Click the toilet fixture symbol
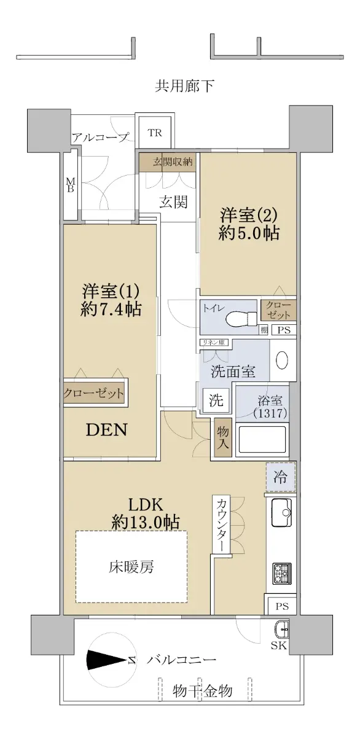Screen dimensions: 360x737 tap(241, 318)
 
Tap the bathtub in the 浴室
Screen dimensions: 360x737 tap(262, 440)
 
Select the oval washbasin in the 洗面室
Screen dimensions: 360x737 tap(282, 361)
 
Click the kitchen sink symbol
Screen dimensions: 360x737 tap(281, 513)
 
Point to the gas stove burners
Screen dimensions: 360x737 tap(282, 573)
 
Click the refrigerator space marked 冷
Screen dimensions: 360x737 tap(280, 477)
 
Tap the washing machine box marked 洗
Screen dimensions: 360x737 tap(216, 400)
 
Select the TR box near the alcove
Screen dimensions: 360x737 tap(155, 133)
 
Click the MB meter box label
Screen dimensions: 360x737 tap(71, 185)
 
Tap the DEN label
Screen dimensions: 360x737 tap(106, 430)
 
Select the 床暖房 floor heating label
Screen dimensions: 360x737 tap(131, 566)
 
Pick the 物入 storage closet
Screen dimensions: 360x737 tap(223, 437)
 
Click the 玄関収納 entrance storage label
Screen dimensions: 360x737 tap(173, 162)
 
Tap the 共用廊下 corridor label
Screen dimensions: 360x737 tap(184, 86)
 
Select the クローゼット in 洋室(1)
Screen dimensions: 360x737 tap(94, 393)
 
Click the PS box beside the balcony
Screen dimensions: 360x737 tap(282, 606)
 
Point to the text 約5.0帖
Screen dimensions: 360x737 tap(249, 233)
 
